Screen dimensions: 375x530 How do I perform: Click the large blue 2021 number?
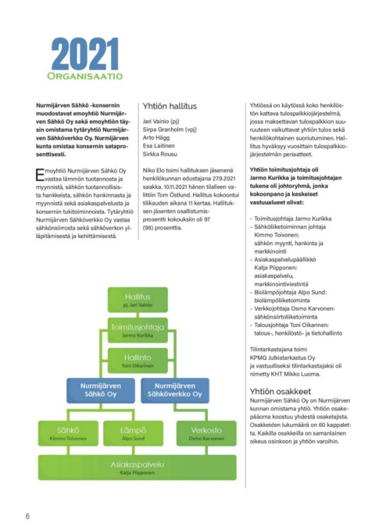coord(85,54)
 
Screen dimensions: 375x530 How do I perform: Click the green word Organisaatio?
coord(85,76)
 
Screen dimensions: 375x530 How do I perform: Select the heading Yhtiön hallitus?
coord(170,106)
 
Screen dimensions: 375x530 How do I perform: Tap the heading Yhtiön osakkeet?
coord(280,391)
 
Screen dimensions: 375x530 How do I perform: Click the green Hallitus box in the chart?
coord(137,300)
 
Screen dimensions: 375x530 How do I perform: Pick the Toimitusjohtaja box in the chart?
coord(137,330)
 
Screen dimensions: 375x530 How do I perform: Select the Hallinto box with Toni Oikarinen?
coord(137,361)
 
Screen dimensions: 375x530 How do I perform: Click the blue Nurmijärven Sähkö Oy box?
coord(101,390)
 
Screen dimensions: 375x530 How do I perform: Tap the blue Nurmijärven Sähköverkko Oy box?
coord(175,390)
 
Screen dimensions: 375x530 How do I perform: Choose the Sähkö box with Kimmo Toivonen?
coord(68,433)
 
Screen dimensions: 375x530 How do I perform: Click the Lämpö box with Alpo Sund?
coord(133,433)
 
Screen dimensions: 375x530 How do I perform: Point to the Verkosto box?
coord(206,433)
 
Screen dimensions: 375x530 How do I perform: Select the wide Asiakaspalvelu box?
coord(137,468)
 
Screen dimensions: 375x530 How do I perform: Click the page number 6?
coord(27,516)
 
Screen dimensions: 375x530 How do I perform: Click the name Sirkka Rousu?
coord(159,154)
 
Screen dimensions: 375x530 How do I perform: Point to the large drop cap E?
coord(40,175)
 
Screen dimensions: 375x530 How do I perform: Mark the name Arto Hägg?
coord(156,138)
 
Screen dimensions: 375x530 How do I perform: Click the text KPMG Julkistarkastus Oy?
coord(282,357)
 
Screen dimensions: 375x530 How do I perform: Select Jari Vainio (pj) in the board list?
coord(161,121)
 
